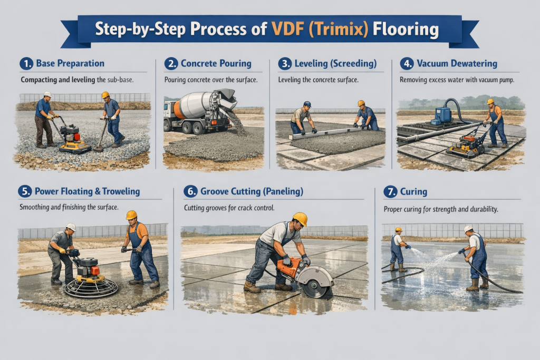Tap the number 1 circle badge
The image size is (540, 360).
click(x=26, y=64)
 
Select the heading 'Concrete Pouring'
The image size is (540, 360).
click(x=216, y=64)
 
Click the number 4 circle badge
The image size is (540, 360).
click(x=407, y=64)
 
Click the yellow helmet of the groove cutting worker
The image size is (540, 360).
click(x=300, y=219)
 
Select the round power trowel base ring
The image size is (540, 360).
click(x=91, y=287)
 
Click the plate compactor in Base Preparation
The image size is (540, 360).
click(x=74, y=139)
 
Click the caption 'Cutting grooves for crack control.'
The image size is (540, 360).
click(x=229, y=208)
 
